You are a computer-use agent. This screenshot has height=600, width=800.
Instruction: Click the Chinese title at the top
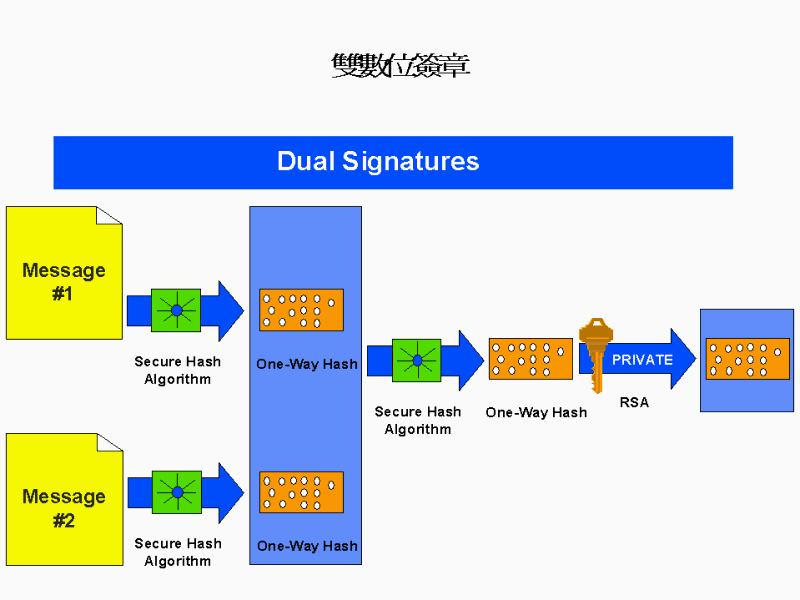point(400,66)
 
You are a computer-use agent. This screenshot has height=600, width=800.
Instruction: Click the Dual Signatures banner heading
point(378,161)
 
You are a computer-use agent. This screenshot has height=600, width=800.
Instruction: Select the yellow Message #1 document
point(64,273)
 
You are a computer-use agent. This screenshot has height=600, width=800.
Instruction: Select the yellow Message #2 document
point(64,498)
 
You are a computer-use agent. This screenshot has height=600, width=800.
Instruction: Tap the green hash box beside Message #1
point(176,310)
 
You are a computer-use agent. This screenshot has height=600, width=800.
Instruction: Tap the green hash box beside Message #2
point(177,492)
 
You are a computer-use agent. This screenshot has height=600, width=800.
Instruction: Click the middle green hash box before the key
point(417,360)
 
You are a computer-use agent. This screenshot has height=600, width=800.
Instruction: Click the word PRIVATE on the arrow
point(642,360)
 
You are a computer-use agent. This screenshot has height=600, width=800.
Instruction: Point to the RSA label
point(634,403)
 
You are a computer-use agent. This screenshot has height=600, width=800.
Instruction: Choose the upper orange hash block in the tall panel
point(301,310)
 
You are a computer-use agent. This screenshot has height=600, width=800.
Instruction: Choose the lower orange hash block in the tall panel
point(301,492)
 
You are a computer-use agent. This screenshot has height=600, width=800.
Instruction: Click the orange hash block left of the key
point(530,359)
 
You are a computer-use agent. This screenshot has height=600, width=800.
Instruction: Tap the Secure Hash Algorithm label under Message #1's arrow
point(178,370)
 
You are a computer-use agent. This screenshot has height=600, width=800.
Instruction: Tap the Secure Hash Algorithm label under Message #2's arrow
point(178,552)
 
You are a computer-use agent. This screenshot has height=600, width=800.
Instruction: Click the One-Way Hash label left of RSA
point(536,412)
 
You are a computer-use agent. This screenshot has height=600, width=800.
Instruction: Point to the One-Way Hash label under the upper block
point(306,364)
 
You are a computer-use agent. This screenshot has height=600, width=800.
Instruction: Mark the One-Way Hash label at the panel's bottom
point(306,546)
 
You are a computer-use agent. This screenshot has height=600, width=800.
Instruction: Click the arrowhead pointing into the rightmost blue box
point(683,359)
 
